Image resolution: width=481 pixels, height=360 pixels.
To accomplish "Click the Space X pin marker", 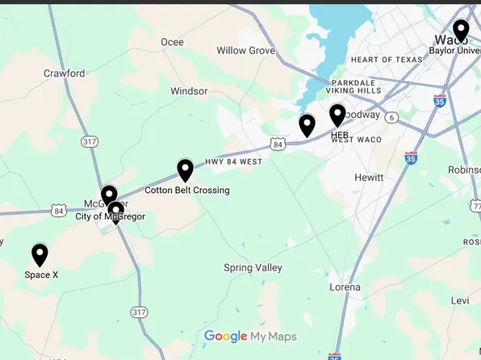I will pos(40,254).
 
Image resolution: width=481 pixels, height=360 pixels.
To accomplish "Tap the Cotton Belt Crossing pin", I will pos(185,170).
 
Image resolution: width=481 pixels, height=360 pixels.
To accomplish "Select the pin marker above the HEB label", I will pos(337,115).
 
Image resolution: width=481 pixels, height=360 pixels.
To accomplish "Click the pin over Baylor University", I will pos(461,31).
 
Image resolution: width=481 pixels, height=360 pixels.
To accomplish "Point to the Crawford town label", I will pos(64,73).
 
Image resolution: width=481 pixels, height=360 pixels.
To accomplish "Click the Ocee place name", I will pos(172,42).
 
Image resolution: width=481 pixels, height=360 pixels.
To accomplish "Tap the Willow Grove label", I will pos(246,51).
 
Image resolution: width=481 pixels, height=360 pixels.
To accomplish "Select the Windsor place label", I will pos(189,91).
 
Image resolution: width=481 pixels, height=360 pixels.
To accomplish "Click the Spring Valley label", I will pos(253,268).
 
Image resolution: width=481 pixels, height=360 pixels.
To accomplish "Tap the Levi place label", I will pos(460,300).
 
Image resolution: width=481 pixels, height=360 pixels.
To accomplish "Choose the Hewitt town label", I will pos(369,177).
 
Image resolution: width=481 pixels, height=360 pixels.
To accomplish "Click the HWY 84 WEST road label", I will pos(234,161).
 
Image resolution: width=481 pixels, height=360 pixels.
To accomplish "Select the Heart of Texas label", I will pos(381,60).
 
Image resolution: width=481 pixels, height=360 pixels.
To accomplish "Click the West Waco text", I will pos(351,140).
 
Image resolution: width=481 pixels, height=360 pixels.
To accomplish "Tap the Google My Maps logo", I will pos(250,337).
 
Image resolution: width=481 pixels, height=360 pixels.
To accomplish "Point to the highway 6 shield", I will pos(391,117).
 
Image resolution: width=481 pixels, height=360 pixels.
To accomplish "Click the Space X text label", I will pos(41,275).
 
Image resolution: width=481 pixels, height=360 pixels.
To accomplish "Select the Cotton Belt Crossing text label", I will pos(186,190).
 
